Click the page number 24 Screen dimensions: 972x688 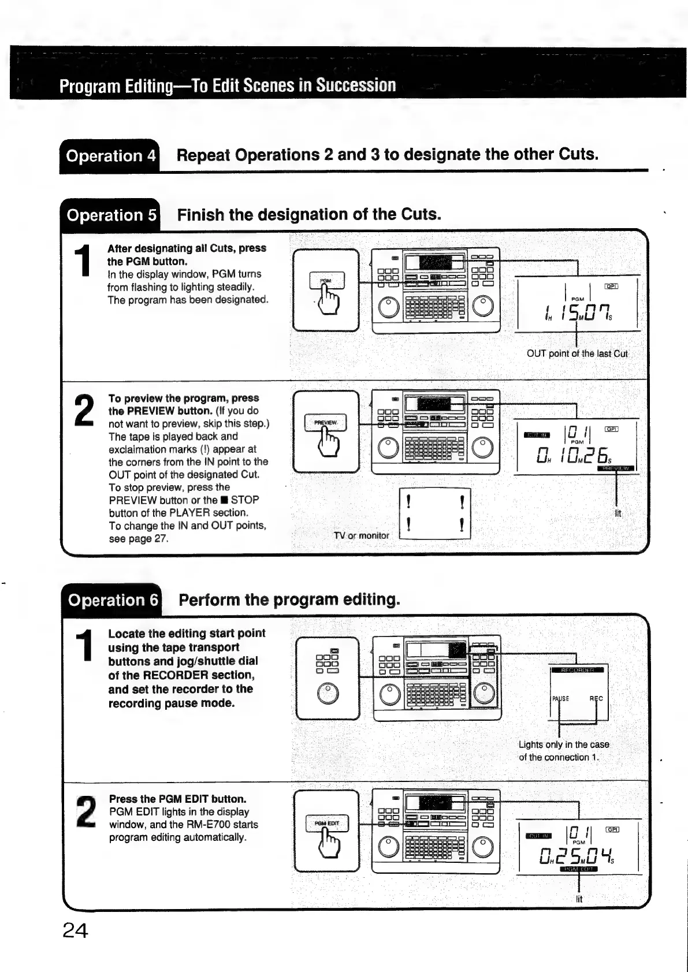(75, 930)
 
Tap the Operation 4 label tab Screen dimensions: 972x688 (110, 156)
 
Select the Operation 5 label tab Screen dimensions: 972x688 (111, 215)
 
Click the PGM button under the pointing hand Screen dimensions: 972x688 (326, 281)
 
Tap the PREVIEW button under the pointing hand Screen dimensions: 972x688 (326, 423)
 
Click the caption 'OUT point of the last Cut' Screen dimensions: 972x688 (577, 353)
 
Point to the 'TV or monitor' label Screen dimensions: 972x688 (362, 535)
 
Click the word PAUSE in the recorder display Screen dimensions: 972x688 (560, 698)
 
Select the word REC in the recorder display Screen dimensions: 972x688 (596, 698)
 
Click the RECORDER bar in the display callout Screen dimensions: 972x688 (578, 670)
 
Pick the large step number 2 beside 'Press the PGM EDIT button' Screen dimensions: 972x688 (85, 811)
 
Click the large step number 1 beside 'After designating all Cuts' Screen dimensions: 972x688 (84, 261)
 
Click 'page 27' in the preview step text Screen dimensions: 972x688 (139, 539)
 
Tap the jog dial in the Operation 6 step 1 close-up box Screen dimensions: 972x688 (328, 693)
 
